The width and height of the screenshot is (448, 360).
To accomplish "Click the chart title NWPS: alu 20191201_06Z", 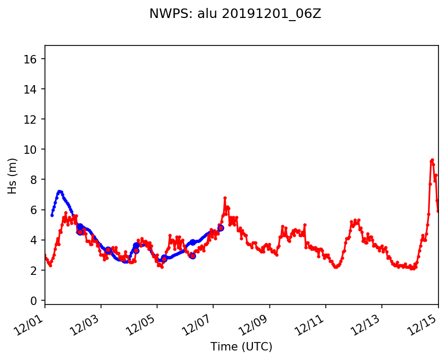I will (235, 14).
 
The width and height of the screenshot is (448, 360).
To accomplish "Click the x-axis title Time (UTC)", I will (241, 347).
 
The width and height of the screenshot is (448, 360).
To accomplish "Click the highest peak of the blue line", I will (60, 191).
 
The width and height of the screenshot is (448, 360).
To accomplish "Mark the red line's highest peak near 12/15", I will (432, 160).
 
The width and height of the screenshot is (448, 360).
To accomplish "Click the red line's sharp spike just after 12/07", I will (225, 198).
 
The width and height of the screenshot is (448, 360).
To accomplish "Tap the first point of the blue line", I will (52, 215).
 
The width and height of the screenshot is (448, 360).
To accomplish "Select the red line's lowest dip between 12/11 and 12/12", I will (335, 267).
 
